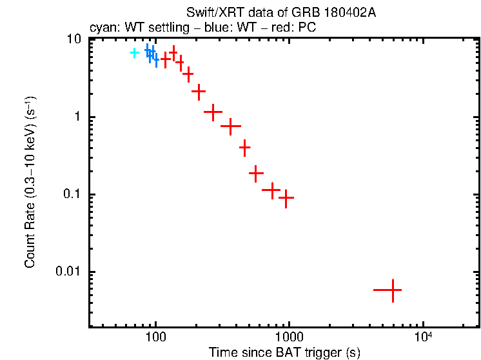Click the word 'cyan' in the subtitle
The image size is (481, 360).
[102, 28]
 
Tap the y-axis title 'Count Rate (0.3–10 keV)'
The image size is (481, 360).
[30, 182]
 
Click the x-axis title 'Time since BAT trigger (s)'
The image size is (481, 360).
[284, 352]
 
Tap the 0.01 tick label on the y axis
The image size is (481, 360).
[70, 272]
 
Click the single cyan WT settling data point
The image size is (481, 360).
[134, 52]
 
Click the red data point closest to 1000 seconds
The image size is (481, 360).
[286, 197]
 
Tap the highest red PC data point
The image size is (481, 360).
[173, 52]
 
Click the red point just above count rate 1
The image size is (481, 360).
[213, 112]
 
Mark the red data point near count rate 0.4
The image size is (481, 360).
[244, 148]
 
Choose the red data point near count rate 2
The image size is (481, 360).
[199, 91]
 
